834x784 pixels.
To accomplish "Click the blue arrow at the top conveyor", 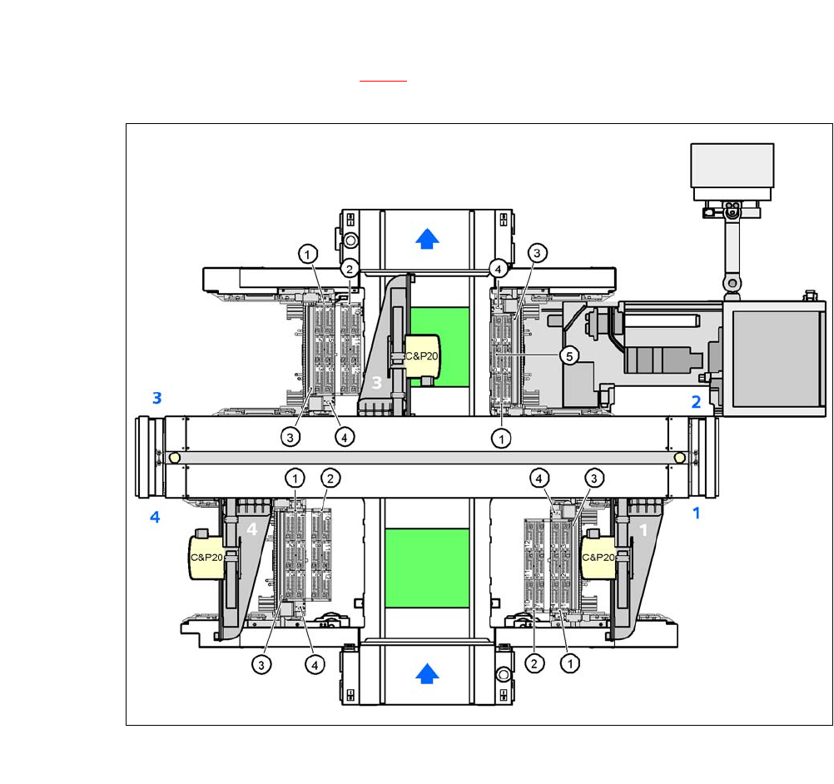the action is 427,239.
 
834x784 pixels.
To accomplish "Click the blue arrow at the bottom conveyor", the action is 427,673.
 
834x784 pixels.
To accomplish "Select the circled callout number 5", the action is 569,356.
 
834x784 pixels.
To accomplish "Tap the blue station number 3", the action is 157,398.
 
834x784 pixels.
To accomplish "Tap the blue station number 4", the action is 155,517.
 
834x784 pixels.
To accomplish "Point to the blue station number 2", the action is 696,402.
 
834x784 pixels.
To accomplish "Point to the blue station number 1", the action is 696,514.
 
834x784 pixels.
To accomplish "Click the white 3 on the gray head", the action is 376,382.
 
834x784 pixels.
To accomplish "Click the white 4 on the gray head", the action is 251,529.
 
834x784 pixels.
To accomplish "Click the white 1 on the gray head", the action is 643,530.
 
